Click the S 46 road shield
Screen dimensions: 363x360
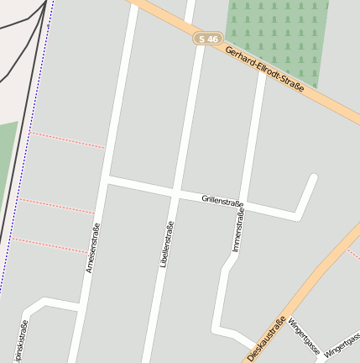pos(207,39)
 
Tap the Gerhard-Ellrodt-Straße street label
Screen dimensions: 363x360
pos(263,70)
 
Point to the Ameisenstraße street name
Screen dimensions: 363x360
pos(92,248)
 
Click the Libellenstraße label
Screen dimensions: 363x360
pos(166,244)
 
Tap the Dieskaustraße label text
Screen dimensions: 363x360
pos(266,338)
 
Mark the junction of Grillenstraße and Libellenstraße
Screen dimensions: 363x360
pos(175,193)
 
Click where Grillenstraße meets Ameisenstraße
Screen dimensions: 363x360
pos(107,180)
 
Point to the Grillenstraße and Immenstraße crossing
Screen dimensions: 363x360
pos(243,206)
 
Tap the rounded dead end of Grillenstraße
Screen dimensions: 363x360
pos(313,177)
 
